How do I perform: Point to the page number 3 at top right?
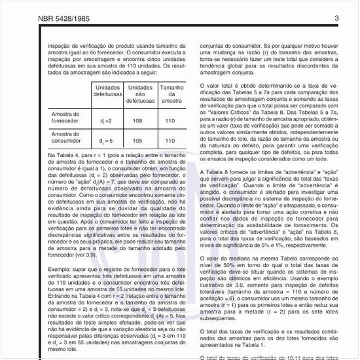(336, 18)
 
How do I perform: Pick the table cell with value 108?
(139, 121)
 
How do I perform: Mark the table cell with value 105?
(139, 140)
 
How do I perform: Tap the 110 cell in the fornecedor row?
(171, 121)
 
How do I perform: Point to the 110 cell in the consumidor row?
(171, 140)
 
